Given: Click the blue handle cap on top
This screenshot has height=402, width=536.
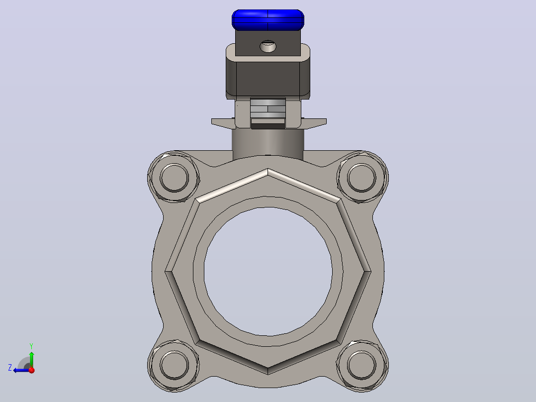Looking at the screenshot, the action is point(268,20).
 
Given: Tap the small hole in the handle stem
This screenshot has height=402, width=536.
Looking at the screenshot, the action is point(268,46).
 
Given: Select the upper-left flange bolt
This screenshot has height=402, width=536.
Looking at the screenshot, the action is point(174,178).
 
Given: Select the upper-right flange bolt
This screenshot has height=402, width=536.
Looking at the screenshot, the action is point(361,178).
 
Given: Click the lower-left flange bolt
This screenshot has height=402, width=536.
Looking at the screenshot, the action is point(174,365).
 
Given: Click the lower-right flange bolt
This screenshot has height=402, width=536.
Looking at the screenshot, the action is point(361,365).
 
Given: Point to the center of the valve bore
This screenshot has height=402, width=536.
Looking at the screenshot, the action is point(268,271).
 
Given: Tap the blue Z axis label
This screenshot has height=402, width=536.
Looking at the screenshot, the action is point(10,368).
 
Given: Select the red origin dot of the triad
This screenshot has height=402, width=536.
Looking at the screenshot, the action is point(32,370).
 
